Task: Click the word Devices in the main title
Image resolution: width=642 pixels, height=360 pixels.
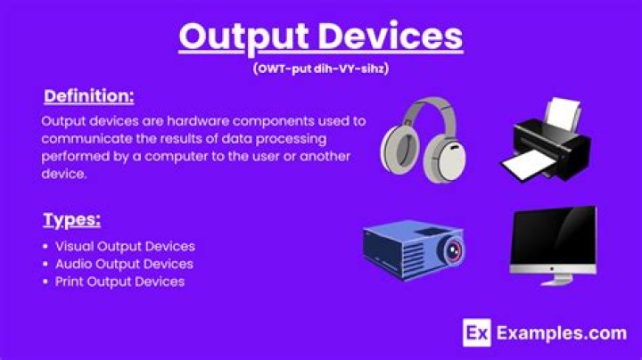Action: pos(388,37)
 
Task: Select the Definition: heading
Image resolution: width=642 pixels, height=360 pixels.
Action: pos(88,95)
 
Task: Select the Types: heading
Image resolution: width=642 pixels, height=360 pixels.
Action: pos(71,219)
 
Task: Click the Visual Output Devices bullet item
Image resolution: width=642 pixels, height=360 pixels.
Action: pos(125,246)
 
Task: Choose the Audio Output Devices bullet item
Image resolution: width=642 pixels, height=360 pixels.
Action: pos(124,264)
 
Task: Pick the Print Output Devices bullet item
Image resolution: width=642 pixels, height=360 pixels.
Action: pos(119,282)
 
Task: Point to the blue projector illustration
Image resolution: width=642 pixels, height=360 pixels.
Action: pos(413,247)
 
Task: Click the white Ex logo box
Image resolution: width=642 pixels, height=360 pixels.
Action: pos(476,334)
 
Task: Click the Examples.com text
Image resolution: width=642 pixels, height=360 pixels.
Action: pos(561,334)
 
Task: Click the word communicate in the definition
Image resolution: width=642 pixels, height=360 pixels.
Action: pos(84,139)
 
